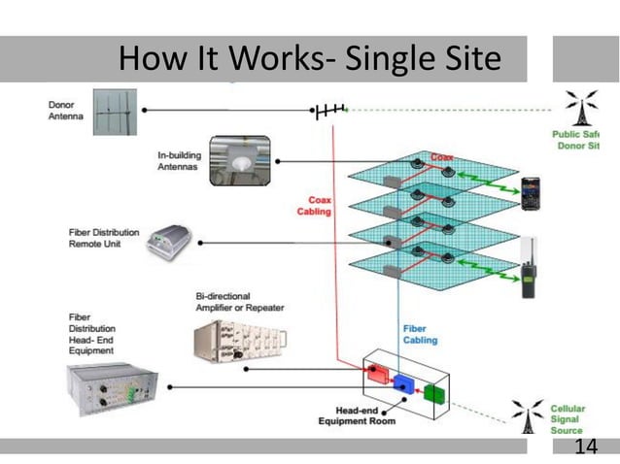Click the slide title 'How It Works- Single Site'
[309, 60]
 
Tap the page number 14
[585, 446]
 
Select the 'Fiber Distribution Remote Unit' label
[103, 239]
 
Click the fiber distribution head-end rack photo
[107, 390]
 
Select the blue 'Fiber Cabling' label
[420, 334]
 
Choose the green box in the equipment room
[433, 393]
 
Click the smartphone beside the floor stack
[531, 193]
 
